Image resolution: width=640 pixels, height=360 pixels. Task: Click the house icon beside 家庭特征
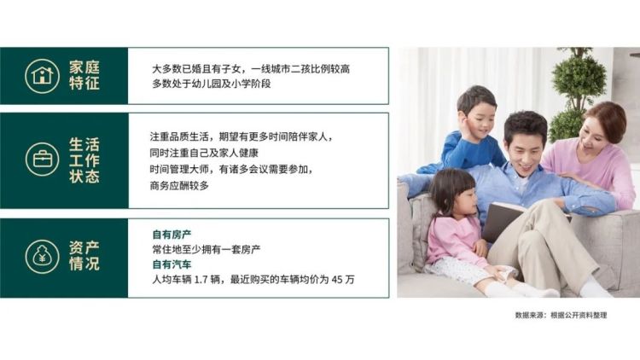click(42, 76)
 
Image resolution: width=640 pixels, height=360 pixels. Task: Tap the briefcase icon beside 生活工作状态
click(42, 160)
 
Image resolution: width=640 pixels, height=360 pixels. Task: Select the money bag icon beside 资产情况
click(42, 257)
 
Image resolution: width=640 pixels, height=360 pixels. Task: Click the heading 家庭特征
click(84, 76)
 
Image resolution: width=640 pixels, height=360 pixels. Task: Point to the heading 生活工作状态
click(84, 160)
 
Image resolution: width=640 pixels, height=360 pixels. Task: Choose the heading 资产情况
click(84, 256)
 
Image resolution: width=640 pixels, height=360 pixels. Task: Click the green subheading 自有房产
click(172, 235)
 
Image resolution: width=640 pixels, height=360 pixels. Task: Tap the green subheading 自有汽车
click(172, 264)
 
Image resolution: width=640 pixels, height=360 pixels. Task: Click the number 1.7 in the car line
click(201, 280)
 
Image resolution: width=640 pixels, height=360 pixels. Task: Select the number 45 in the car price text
click(337, 280)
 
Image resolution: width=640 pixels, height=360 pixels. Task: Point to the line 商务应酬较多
click(179, 186)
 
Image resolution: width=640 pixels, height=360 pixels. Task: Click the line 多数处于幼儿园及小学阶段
click(212, 84)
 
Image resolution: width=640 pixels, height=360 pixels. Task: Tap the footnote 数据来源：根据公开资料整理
click(561, 315)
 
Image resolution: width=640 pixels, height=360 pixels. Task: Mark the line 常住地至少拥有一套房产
click(207, 249)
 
